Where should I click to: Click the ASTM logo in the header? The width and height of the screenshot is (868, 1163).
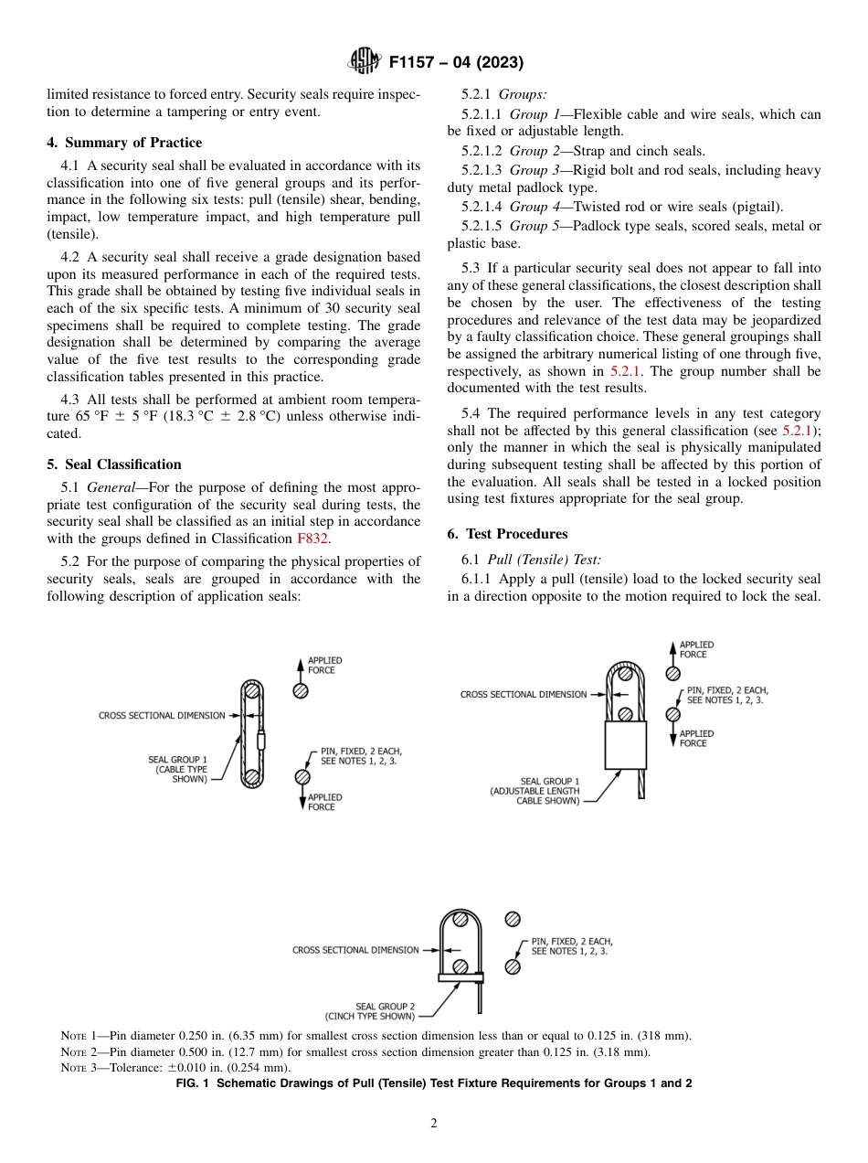coord(365,62)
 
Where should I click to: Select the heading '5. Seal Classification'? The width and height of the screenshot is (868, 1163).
coord(114,464)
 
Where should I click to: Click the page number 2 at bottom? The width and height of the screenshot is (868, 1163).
coord(434,1124)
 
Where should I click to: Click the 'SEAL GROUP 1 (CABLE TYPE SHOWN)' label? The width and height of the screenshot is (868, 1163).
coord(177,769)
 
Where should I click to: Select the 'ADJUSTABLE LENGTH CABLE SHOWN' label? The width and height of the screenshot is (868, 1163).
coord(535,791)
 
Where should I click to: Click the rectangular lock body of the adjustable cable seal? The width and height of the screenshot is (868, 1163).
coord(625,744)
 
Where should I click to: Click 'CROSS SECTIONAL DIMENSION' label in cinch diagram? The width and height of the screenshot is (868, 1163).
coord(355,950)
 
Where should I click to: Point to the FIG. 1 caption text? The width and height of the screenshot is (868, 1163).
coord(434,1083)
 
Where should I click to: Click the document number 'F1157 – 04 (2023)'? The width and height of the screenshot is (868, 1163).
coord(455,63)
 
